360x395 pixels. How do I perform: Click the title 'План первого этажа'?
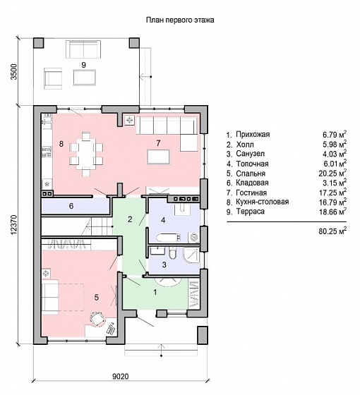180,20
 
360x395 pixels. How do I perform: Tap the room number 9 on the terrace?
84,65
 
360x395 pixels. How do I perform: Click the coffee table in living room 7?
159,157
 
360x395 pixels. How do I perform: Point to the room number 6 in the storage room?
71,206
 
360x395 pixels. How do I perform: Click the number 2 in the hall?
130,219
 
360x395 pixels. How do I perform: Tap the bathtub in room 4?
169,238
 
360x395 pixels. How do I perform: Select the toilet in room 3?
173,253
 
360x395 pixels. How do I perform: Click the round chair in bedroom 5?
97,319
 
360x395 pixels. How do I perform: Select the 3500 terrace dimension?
14,72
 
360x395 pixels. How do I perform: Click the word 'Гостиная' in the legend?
251,193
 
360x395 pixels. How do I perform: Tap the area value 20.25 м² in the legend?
332,173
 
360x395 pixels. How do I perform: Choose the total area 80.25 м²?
332,231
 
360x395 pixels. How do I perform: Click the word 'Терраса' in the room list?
250,212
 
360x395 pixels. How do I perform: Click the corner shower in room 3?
191,255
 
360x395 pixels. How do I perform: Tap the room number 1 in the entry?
155,292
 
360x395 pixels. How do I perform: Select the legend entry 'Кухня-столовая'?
262,202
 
